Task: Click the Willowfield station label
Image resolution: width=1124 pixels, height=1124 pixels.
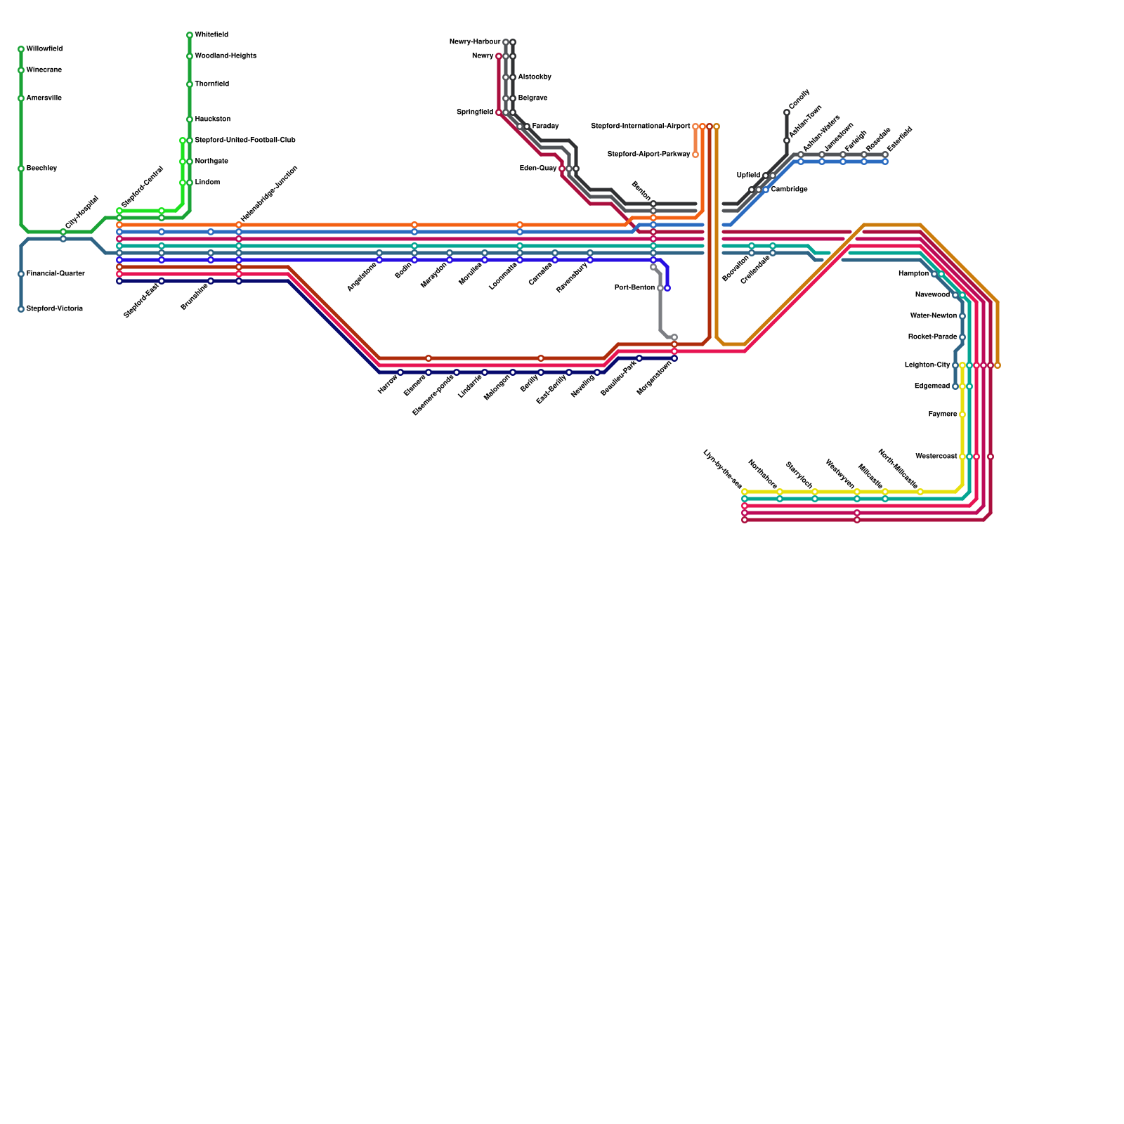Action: tap(44, 49)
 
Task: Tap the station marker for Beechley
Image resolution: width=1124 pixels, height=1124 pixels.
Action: tap(21, 169)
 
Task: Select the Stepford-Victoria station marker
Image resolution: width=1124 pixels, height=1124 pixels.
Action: tap(21, 309)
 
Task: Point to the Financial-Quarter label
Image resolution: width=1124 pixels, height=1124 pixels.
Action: tap(55, 274)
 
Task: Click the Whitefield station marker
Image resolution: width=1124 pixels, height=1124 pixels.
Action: tap(190, 35)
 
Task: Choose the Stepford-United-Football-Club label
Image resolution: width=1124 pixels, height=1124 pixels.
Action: tap(245, 140)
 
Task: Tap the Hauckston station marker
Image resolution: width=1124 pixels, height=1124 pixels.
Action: tap(190, 119)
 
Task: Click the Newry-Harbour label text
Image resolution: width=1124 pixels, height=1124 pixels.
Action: tap(475, 42)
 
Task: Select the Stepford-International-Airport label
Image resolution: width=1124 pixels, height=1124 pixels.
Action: tap(641, 126)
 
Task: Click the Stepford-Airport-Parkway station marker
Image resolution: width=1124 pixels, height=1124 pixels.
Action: tap(695, 155)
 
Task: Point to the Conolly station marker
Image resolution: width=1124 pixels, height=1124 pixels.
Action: tap(787, 112)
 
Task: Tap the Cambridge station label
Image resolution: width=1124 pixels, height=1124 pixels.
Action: tap(789, 190)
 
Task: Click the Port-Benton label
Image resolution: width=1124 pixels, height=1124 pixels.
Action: tap(634, 288)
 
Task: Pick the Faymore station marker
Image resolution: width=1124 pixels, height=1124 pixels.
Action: tap(962, 414)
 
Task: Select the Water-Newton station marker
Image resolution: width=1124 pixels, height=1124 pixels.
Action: tap(962, 316)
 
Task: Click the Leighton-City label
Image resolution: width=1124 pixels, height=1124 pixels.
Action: tap(927, 365)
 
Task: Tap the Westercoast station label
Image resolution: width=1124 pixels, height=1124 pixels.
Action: tap(936, 457)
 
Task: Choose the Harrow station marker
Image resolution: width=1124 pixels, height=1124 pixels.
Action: tap(400, 372)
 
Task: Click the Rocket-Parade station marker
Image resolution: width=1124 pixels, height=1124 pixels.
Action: tap(962, 337)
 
